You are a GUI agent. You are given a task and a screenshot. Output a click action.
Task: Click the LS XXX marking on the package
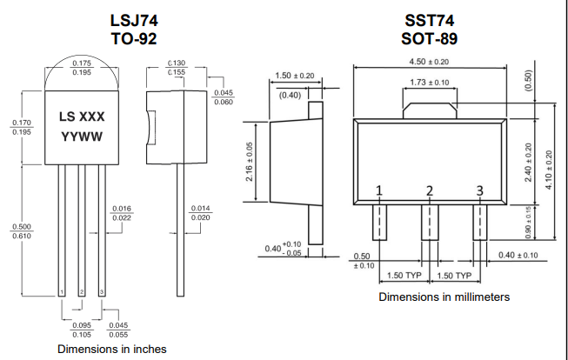click(82, 117)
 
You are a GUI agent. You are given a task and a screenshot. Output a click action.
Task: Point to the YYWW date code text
click(82, 137)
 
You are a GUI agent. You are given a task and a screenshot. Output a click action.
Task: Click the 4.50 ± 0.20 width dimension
click(429, 62)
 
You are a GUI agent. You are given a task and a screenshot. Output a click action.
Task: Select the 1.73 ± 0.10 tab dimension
click(429, 82)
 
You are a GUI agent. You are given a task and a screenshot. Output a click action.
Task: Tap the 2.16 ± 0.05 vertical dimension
click(249, 161)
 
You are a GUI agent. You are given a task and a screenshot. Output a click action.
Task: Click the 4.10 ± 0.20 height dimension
click(549, 170)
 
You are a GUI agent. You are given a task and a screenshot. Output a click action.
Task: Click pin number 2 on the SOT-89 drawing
click(430, 190)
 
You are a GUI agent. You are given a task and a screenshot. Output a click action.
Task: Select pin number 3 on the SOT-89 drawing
click(479, 190)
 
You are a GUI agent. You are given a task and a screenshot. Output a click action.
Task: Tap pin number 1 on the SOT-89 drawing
click(379, 190)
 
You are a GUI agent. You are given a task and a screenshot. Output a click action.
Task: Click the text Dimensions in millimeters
click(444, 297)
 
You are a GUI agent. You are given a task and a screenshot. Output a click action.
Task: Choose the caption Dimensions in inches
click(111, 349)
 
